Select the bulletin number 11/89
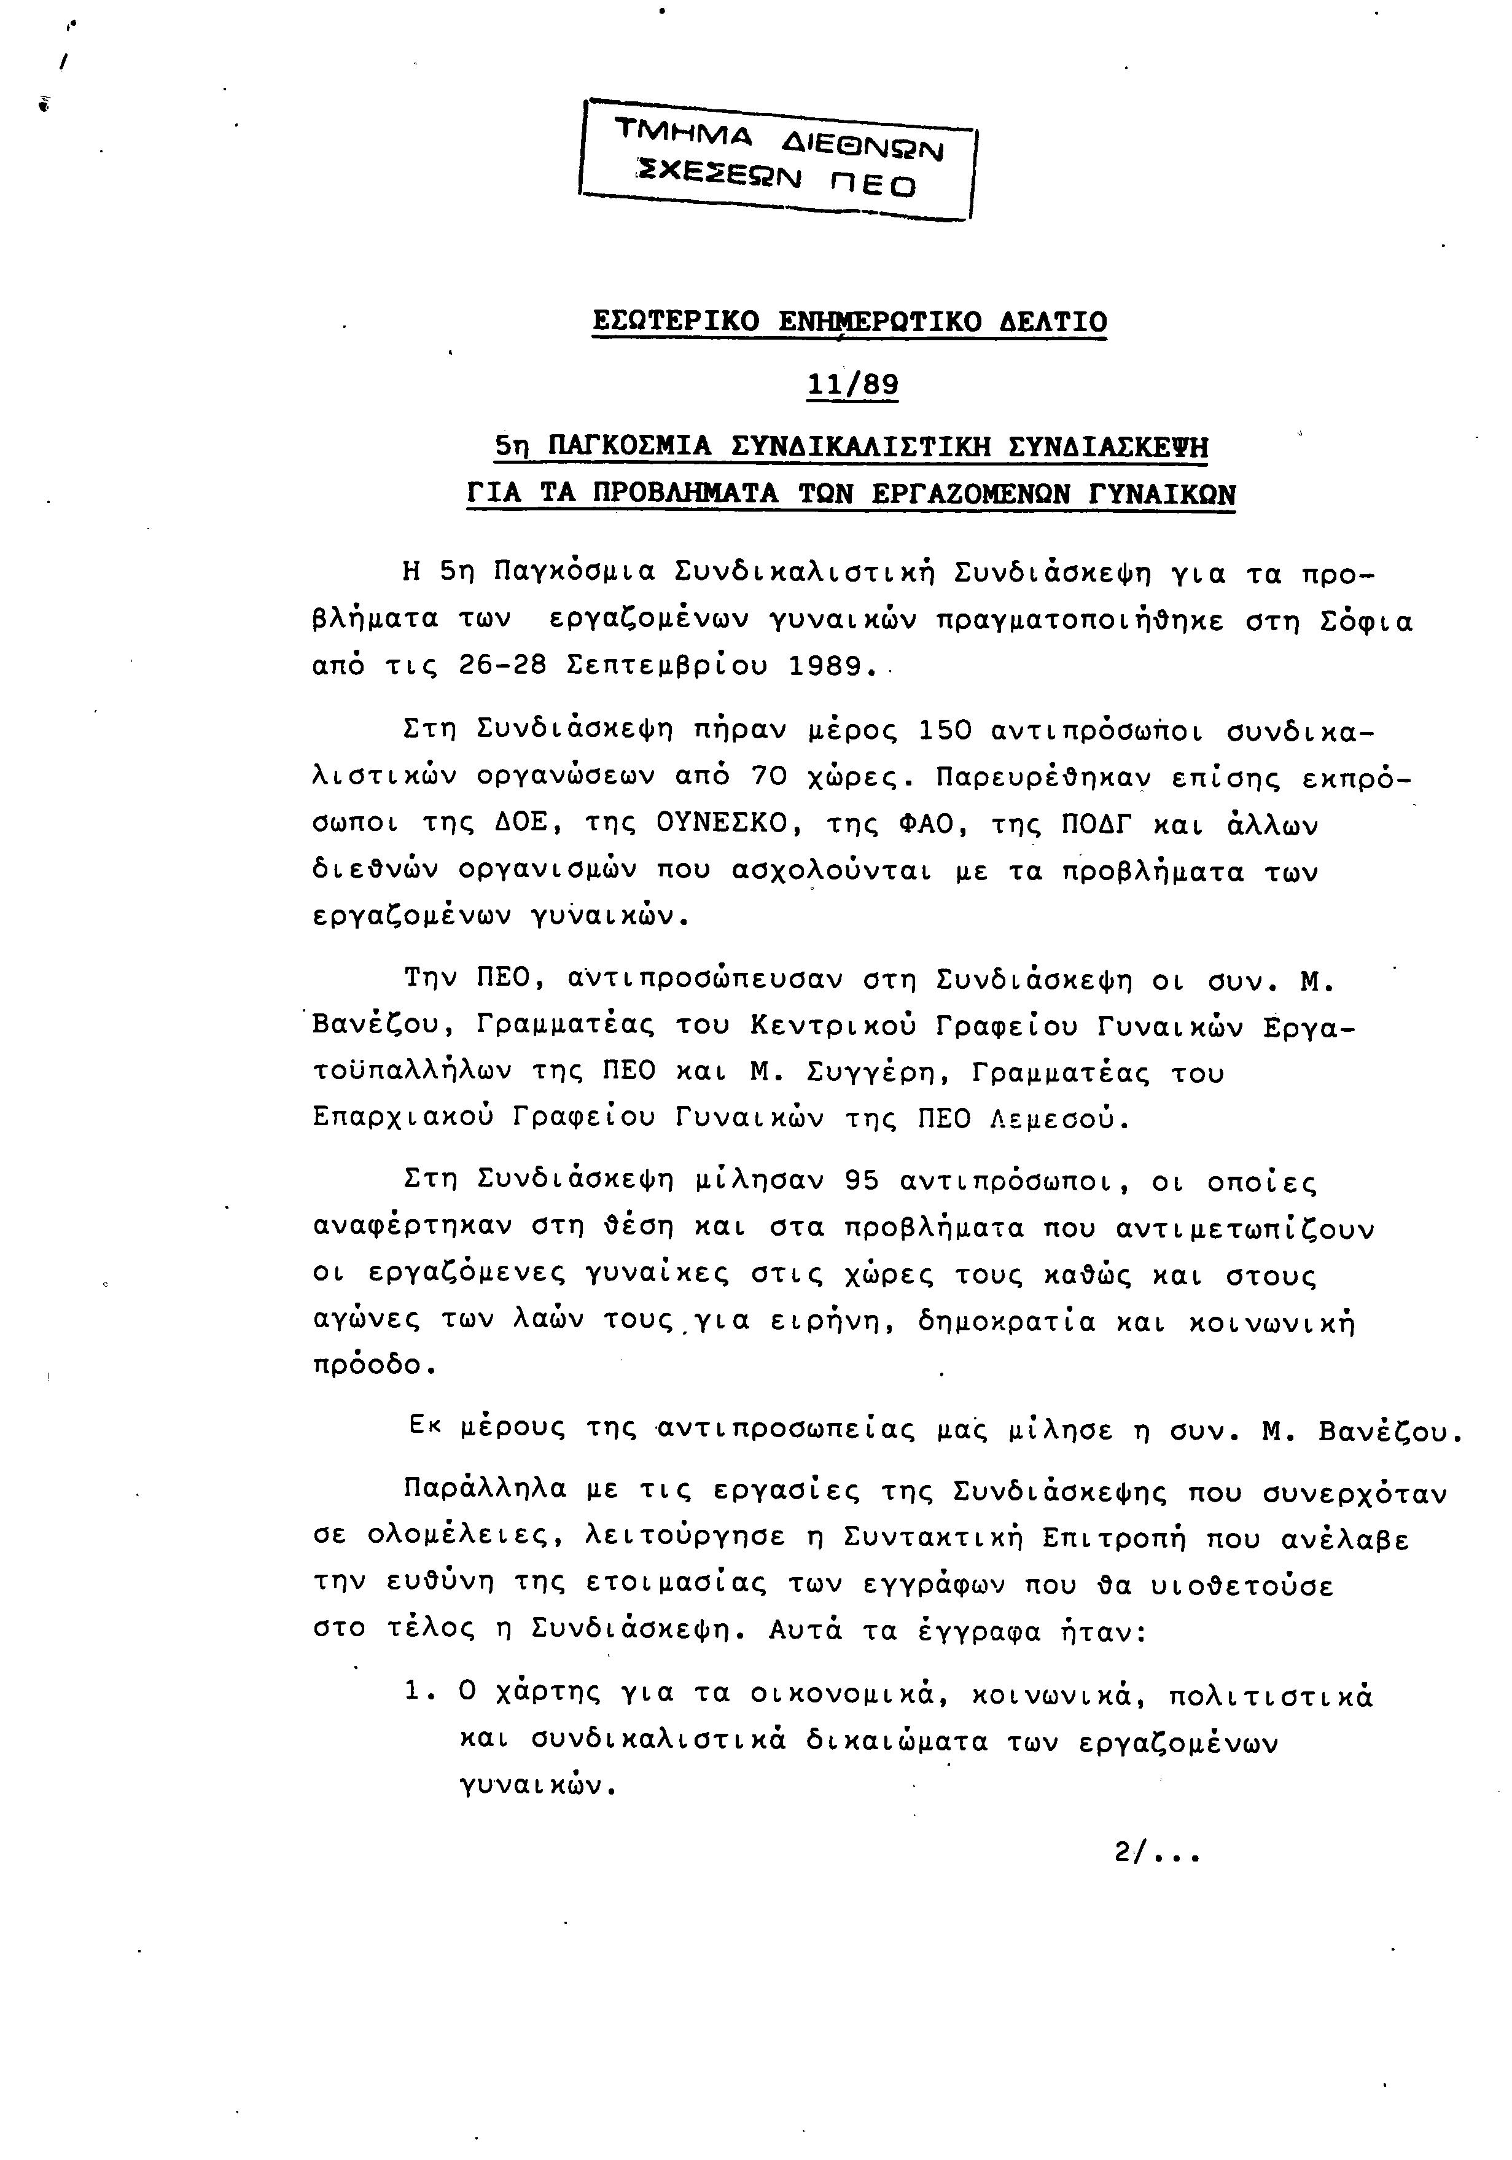coord(852,385)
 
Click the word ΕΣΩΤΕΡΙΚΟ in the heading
coord(676,322)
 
